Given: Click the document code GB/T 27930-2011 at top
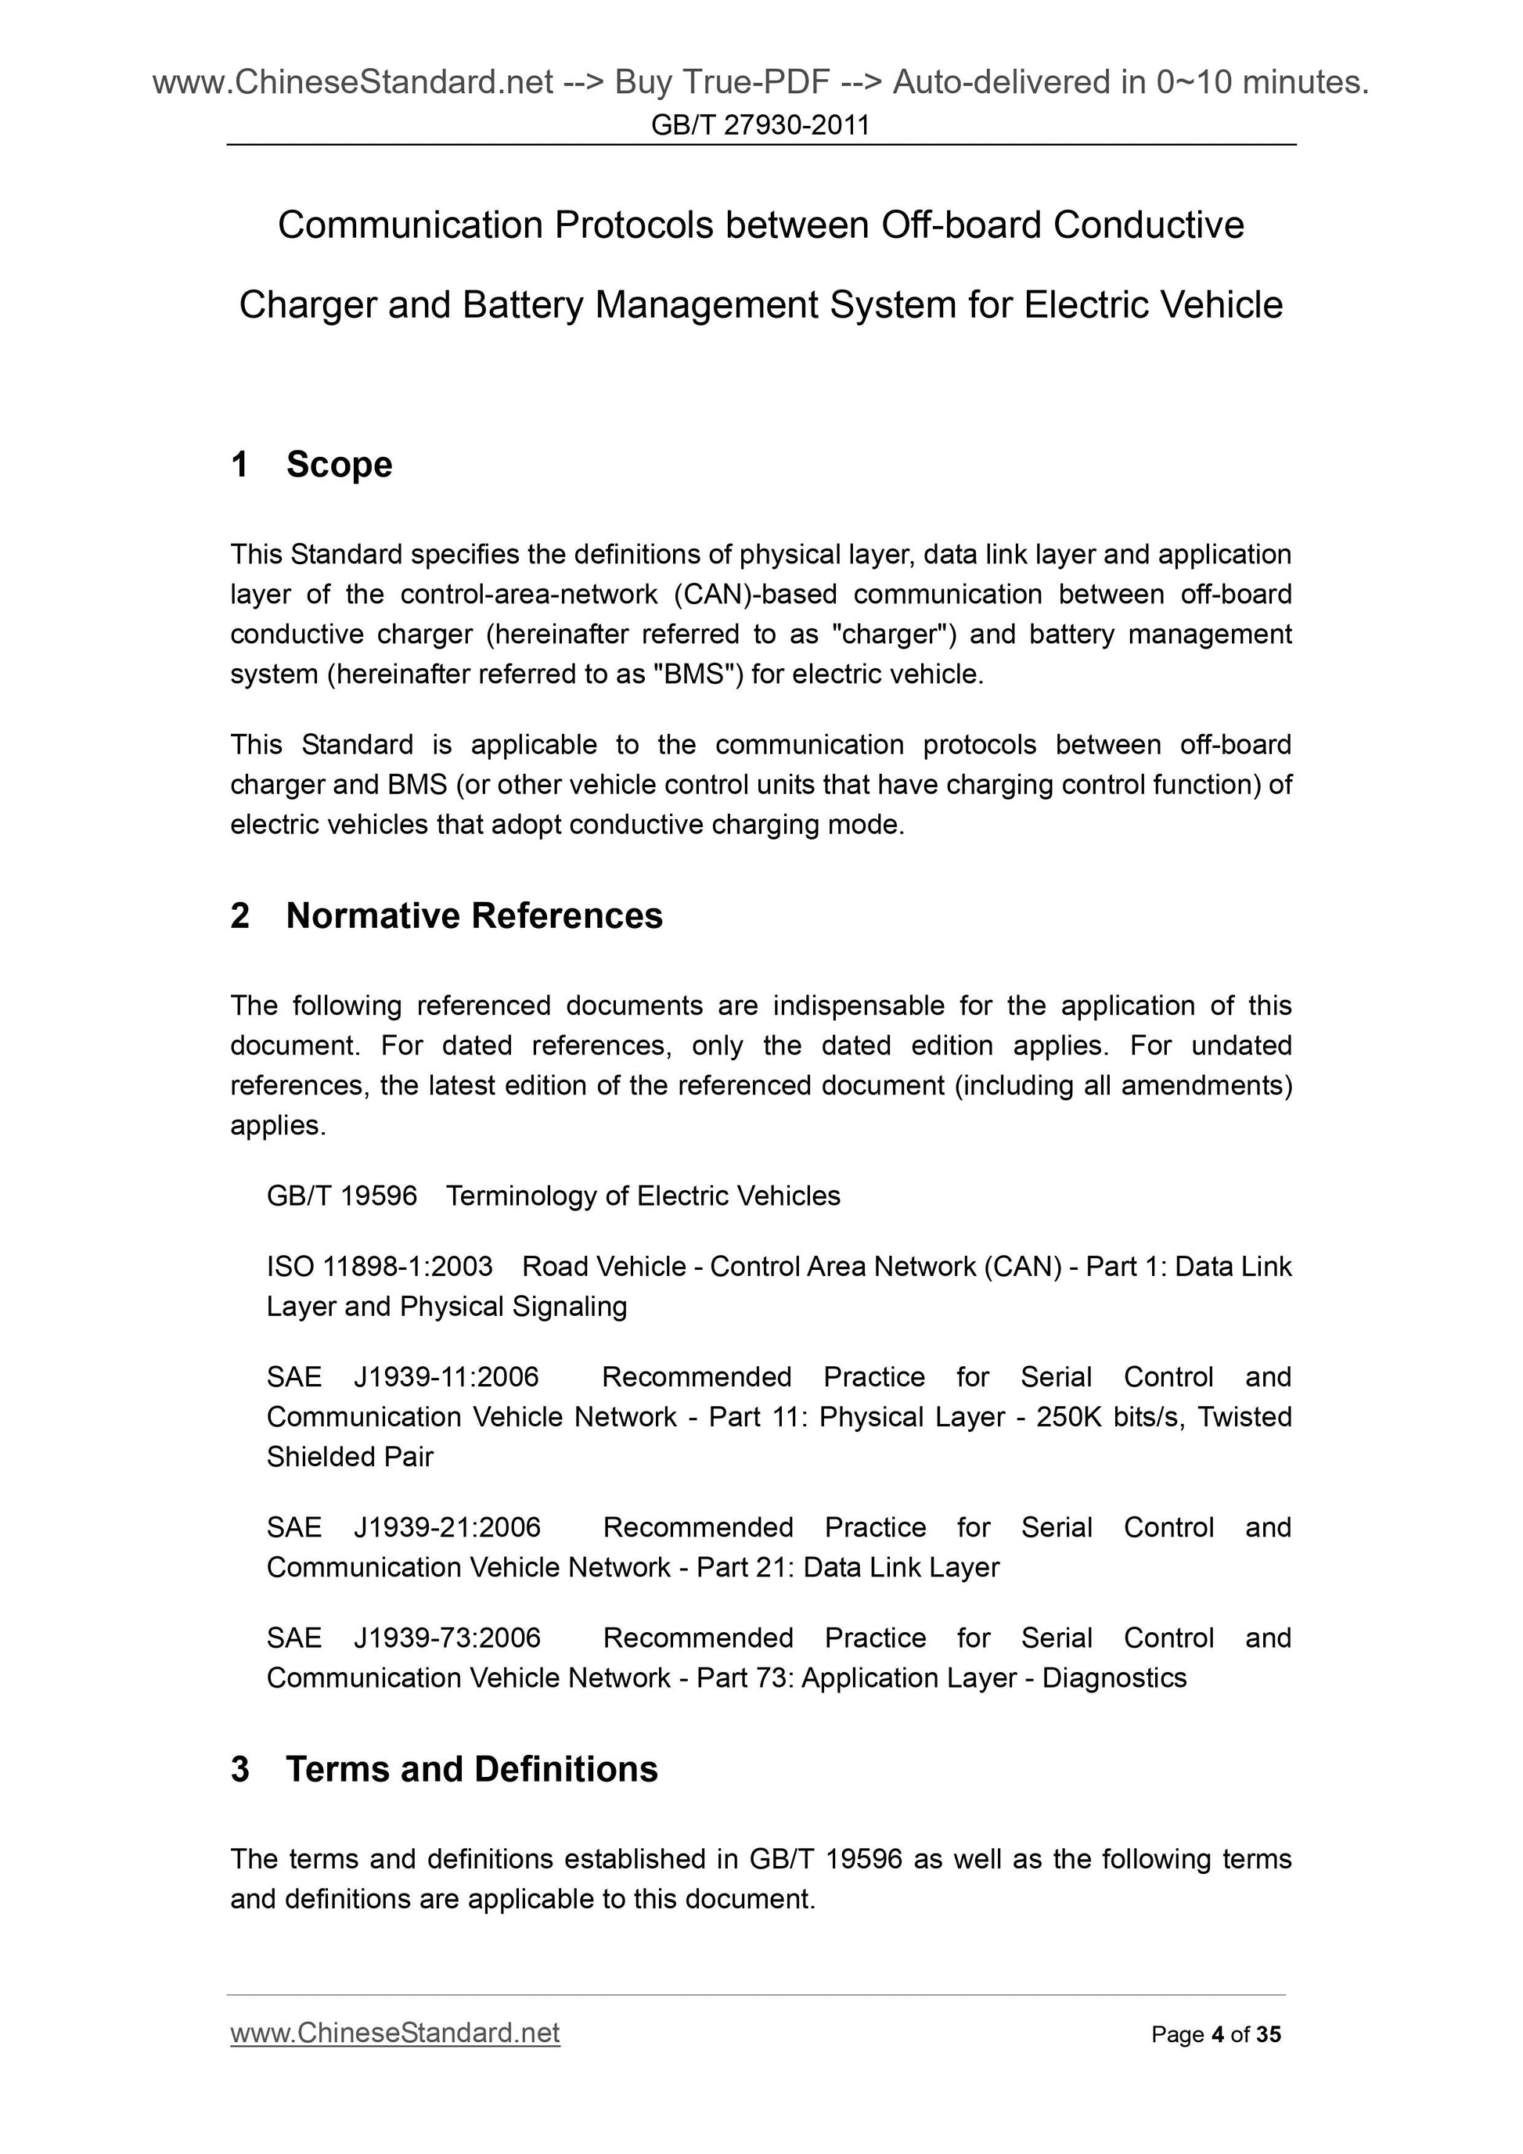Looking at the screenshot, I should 760,124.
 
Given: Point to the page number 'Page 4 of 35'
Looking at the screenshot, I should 1215,2034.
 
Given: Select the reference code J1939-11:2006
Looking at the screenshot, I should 446,1376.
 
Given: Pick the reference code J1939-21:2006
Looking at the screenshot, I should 447,1526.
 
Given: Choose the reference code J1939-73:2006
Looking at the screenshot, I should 447,1637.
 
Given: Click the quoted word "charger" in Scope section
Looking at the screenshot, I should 888,635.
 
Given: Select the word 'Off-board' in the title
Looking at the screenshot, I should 961,225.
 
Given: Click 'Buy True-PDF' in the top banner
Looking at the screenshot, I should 722,83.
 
